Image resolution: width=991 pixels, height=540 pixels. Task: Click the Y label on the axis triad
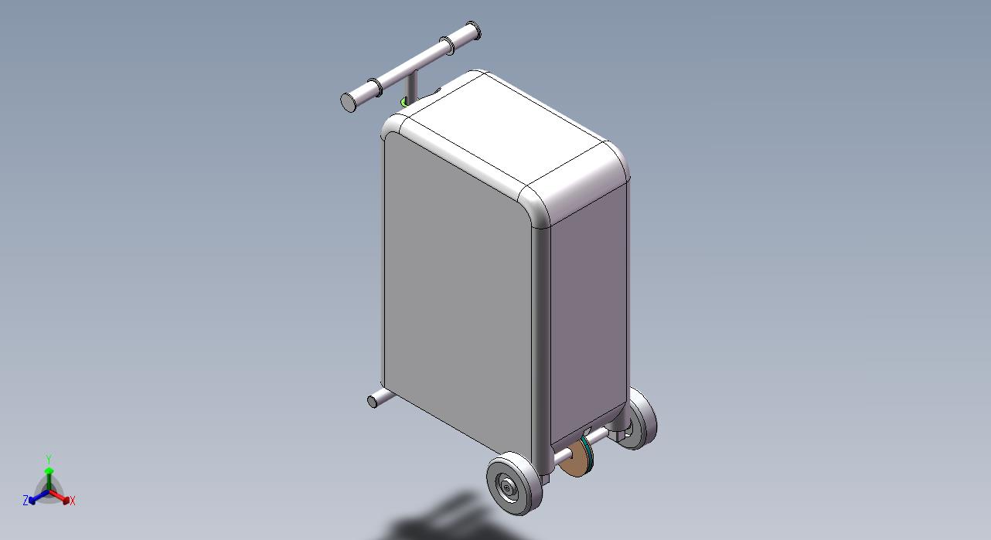click(x=49, y=459)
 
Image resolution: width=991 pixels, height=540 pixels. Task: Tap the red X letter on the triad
click(x=73, y=501)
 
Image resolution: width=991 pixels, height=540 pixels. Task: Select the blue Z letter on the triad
click(x=26, y=500)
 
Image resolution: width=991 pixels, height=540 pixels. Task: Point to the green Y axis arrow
click(x=49, y=477)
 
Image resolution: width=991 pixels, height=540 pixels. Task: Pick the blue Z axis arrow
click(x=39, y=497)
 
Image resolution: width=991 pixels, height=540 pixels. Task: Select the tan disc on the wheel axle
click(x=575, y=461)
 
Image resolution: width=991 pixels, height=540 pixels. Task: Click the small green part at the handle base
click(x=403, y=102)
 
